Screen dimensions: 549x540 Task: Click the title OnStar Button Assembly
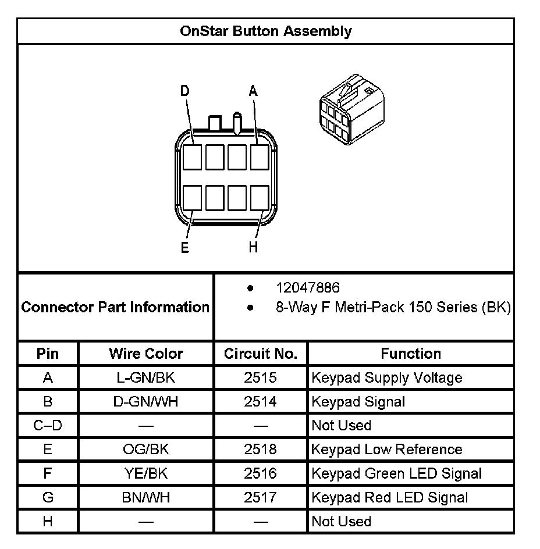click(x=265, y=31)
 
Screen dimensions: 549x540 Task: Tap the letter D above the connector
click(x=184, y=91)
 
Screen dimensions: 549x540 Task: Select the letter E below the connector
click(x=184, y=248)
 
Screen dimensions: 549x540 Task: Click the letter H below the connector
click(x=253, y=248)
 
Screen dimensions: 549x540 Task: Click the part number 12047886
click(x=308, y=288)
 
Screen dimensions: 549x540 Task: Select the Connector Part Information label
click(x=115, y=307)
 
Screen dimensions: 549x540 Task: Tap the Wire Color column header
click(x=146, y=354)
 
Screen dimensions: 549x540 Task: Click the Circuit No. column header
click(x=261, y=354)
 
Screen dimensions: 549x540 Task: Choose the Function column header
click(x=411, y=354)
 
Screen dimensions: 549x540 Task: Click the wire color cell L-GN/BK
click(x=146, y=378)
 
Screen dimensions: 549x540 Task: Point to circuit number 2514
click(x=261, y=402)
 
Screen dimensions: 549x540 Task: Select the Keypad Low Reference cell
click(x=387, y=450)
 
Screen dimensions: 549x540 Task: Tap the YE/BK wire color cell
click(x=146, y=473)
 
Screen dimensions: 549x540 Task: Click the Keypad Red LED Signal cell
click(x=390, y=497)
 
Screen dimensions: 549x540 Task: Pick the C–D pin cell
click(x=48, y=426)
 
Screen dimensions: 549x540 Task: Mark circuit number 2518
click(x=261, y=450)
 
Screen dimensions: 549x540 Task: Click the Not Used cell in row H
click(x=342, y=521)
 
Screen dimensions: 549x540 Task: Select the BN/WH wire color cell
click(x=146, y=497)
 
